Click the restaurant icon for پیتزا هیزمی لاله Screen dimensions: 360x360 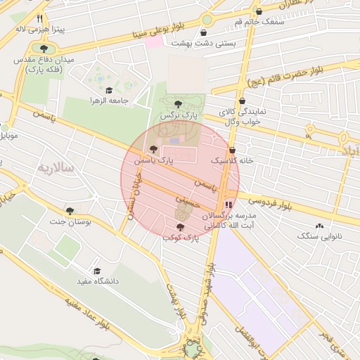point(40,19)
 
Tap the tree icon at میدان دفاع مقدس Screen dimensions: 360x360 point(44,49)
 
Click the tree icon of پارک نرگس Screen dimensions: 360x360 point(178,104)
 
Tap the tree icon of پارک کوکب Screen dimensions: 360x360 point(181,227)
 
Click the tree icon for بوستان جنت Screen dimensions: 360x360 point(70,211)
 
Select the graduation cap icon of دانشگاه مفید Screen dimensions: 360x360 point(97,271)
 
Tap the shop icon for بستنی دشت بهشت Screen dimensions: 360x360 point(204,32)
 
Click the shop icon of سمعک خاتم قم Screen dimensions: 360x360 point(259,12)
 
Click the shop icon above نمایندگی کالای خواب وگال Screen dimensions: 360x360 point(242,101)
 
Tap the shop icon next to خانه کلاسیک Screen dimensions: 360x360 point(233,150)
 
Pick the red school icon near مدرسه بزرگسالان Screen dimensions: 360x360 point(227,205)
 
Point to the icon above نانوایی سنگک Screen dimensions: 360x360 point(320,226)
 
